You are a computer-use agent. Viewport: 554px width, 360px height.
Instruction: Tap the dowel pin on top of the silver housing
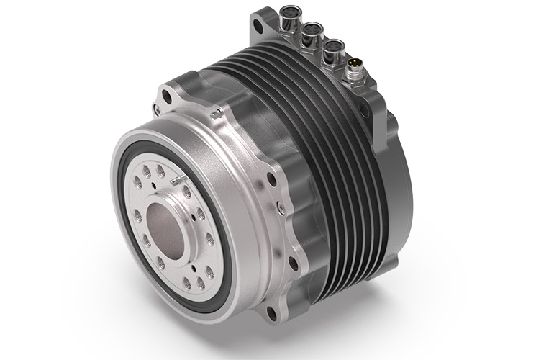(x=214, y=113)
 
